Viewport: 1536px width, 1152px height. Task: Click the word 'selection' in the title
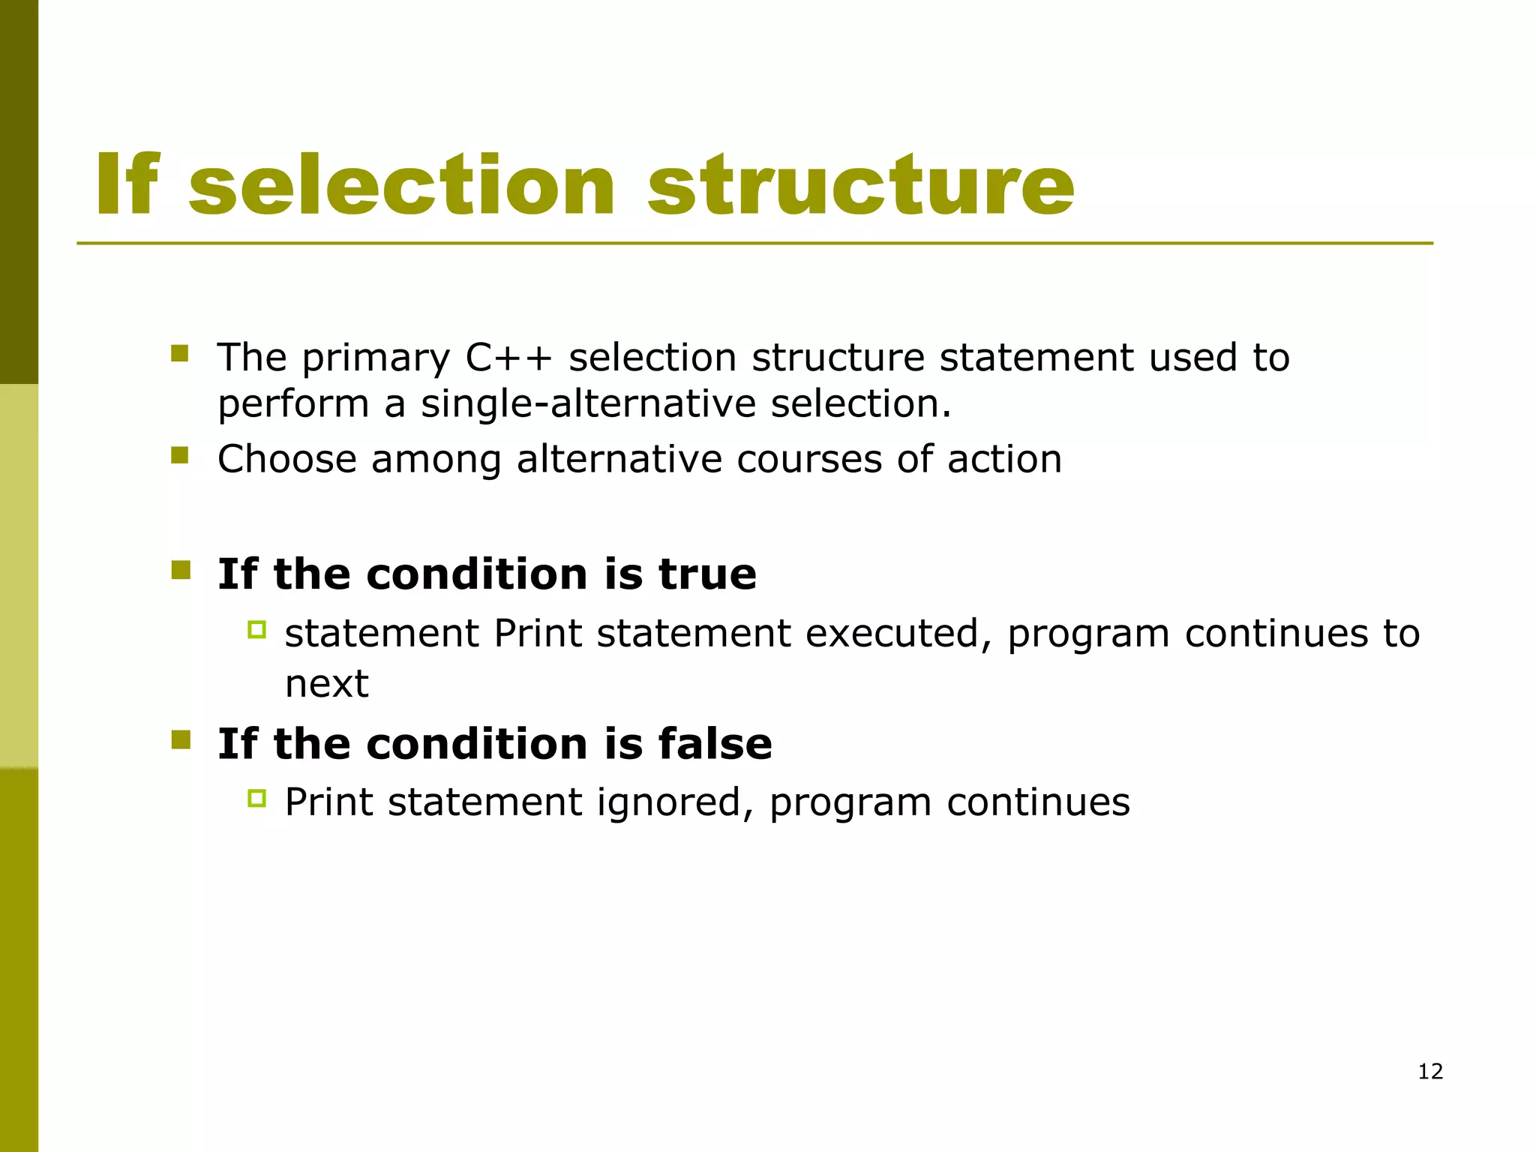click(x=401, y=185)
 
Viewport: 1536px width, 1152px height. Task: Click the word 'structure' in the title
click(x=860, y=185)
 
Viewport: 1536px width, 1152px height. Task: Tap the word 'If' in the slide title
click(x=127, y=185)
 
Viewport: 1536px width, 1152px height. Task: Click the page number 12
click(x=1430, y=1072)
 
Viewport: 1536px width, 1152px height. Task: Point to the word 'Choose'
click(x=286, y=459)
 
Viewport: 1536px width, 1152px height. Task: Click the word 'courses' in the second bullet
click(x=809, y=459)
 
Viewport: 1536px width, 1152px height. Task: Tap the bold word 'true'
click(x=707, y=574)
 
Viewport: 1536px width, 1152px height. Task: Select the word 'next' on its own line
click(x=326, y=684)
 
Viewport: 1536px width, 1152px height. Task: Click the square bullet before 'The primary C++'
click(x=180, y=353)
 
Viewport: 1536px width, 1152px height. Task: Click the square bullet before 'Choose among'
click(x=180, y=455)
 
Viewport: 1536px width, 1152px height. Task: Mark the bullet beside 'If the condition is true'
click(x=181, y=571)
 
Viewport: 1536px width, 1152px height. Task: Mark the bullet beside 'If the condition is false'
click(x=181, y=740)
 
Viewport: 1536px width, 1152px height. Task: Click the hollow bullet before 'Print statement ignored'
click(x=256, y=799)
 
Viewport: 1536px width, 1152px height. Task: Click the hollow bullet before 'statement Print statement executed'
click(x=256, y=630)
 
